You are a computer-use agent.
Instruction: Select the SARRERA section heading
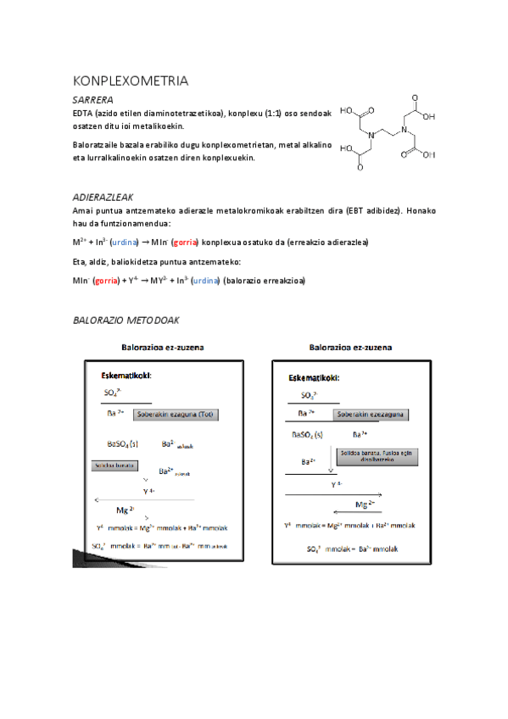(94, 100)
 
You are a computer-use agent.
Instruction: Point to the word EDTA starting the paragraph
(83, 113)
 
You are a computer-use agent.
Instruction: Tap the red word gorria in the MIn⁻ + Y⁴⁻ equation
(106, 281)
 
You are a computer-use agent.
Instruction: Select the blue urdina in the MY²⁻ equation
(205, 281)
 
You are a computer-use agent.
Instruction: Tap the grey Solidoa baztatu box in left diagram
(114, 465)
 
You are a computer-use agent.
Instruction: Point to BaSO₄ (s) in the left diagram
(123, 443)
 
